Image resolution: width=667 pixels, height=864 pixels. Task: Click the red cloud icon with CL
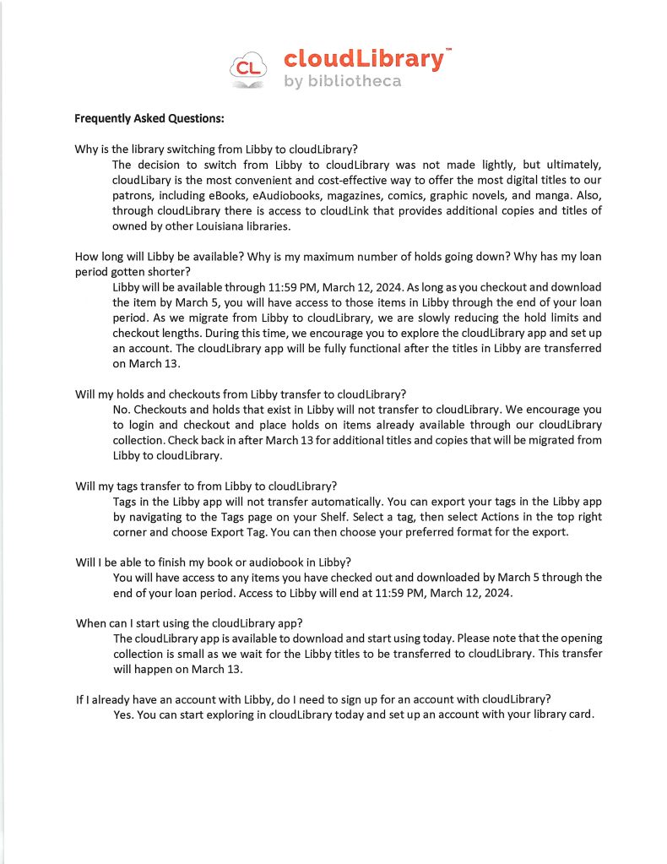pos(248,68)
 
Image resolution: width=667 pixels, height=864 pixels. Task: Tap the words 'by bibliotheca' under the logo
pos(342,82)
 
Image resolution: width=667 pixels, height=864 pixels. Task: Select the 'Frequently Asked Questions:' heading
pos(149,118)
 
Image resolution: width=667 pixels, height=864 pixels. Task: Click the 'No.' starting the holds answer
pos(122,410)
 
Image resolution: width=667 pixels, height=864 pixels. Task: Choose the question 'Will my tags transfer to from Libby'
pos(206,486)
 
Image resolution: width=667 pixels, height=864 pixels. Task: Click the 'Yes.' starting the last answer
pos(123,715)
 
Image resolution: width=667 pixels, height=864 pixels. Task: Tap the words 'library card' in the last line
pos(561,715)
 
